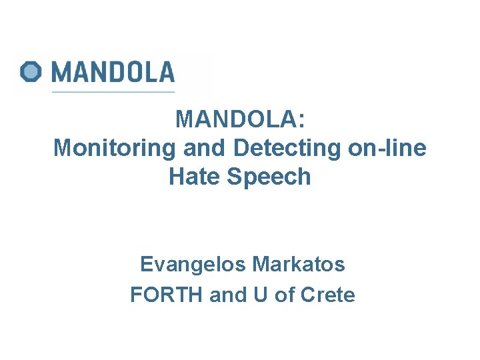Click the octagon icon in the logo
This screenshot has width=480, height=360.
[x=31, y=71]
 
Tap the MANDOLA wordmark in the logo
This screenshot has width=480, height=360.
[x=113, y=71]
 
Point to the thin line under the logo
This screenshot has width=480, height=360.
[x=113, y=91]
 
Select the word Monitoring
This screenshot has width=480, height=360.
[x=114, y=148]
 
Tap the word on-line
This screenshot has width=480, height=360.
[x=387, y=148]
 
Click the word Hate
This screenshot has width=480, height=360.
[x=193, y=177]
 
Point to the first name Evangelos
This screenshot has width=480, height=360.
[x=193, y=265]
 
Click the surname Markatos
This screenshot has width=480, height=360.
[x=299, y=265]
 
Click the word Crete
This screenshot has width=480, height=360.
[x=328, y=295]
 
